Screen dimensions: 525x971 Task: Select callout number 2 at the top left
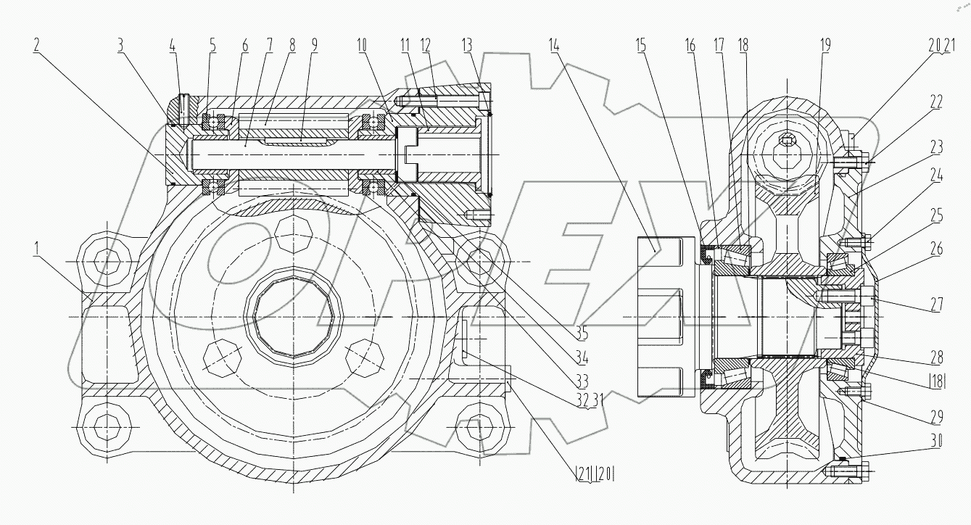[36, 44]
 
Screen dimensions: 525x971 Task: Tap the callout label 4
[172, 44]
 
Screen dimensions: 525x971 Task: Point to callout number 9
[314, 44]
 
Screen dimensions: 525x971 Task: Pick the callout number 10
[362, 44]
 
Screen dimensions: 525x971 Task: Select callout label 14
[555, 44]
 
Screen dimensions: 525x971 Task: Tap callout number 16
[690, 44]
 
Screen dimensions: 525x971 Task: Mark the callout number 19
[824, 44]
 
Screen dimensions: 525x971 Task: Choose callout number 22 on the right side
[935, 102]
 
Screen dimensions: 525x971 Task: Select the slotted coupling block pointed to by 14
[659, 316]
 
